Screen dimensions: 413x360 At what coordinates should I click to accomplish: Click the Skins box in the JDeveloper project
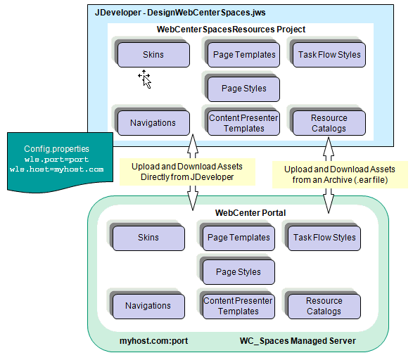(x=153, y=55)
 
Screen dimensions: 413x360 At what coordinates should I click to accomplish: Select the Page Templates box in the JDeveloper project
(x=243, y=55)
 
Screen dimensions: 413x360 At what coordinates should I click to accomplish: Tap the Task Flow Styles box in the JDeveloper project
(x=329, y=55)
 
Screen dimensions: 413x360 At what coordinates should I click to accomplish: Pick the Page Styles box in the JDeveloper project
(x=243, y=89)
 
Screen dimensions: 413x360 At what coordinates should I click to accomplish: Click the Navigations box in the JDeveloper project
(x=153, y=123)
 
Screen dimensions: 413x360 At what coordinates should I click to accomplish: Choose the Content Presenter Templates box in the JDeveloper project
(x=243, y=123)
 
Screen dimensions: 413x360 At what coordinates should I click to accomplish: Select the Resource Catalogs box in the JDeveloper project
(x=329, y=123)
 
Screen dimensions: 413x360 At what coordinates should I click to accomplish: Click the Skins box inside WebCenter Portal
(x=148, y=238)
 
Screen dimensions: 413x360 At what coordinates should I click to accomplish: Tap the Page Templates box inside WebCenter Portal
(x=239, y=238)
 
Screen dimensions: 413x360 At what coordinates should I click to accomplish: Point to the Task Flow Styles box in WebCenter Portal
(x=324, y=238)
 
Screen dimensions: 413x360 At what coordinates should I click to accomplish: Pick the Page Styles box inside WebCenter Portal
(x=239, y=272)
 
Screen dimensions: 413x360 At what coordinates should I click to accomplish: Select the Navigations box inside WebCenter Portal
(x=148, y=307)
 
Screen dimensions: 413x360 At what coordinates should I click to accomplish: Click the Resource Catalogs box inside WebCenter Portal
(x=324, y=307)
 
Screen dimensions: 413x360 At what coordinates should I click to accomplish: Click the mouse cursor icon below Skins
(x=145, y=79)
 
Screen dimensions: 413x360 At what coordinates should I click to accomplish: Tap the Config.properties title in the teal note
(x=56, y=149)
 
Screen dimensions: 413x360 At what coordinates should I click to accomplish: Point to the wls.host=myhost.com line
(x=56, y=169)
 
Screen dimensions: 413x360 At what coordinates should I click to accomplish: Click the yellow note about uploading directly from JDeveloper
(x=187, y=172)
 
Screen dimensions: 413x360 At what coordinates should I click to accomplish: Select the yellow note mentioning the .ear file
(x=340, y=174)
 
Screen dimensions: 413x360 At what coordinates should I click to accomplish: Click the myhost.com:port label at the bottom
(x=154, y=341)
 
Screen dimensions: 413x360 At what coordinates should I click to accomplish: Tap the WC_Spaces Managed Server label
(x=298, y=341)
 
